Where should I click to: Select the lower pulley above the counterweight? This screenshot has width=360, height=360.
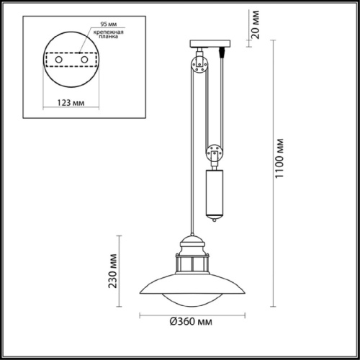[x=213, y=154]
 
